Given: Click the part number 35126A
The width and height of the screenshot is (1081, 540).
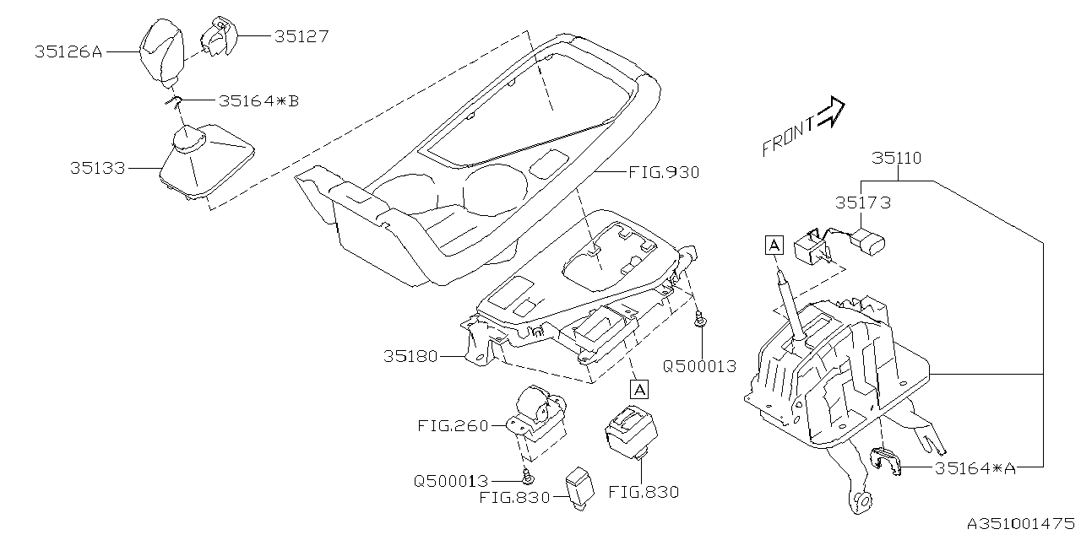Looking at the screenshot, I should (x=68, y=51).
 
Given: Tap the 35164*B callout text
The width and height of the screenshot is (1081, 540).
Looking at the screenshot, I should (x=258, y=100).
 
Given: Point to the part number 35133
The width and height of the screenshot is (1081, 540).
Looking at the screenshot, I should (x=97, y=168).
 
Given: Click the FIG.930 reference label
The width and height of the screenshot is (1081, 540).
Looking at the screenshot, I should (x=664, y=172).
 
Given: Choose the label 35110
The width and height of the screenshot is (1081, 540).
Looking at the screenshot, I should (x=896, y=159).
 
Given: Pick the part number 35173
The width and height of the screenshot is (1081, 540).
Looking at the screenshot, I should (x=863, y=202).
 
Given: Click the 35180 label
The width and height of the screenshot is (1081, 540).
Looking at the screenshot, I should (x=410, y=356).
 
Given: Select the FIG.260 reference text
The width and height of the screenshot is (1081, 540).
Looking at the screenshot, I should (x=453, y=425).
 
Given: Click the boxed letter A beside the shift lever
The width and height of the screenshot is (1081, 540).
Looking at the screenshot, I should (x=774, y=245).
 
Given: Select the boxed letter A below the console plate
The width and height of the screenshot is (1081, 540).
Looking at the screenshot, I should (x=639, y=389).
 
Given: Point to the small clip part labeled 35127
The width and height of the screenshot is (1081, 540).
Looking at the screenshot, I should (x=218, y=35).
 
